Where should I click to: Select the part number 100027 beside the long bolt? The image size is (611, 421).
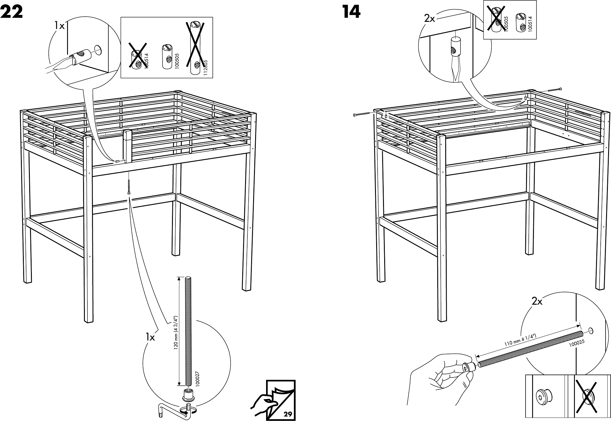coord(197,379)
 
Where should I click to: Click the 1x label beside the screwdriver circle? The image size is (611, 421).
coord(60,26)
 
